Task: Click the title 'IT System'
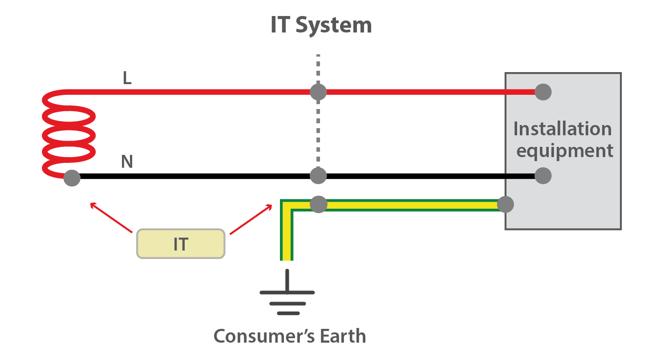click(x=321, y=25)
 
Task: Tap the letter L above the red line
click(x=128, y=79)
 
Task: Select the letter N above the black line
click(x=127, y=162)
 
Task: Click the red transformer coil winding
click(x=69, y=133)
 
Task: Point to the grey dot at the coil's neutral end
click(x=72, y=178)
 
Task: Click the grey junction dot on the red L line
click(x=318, y=92)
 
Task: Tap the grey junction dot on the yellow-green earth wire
click(x=318, y=205)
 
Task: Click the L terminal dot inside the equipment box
click(x=543, y=92)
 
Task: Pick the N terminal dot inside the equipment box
click(x=543, y=176)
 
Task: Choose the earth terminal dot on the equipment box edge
click(x=505, y=205)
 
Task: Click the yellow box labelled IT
click(x=181, y=244)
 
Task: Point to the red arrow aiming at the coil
click(x=111, y=218)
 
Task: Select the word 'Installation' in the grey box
click(x=563, y=129)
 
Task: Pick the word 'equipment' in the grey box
click(x=564, y=151)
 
